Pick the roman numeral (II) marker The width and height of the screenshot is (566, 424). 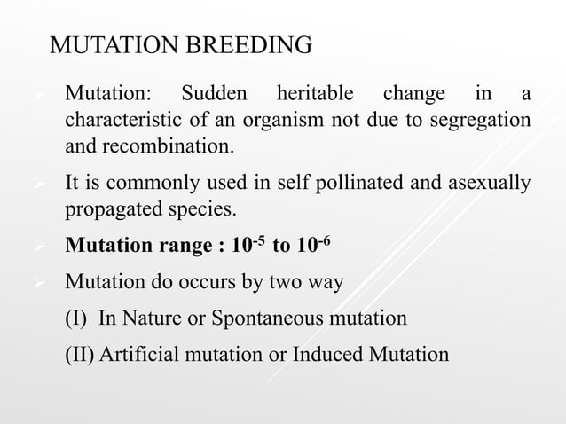tap(82, 355)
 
